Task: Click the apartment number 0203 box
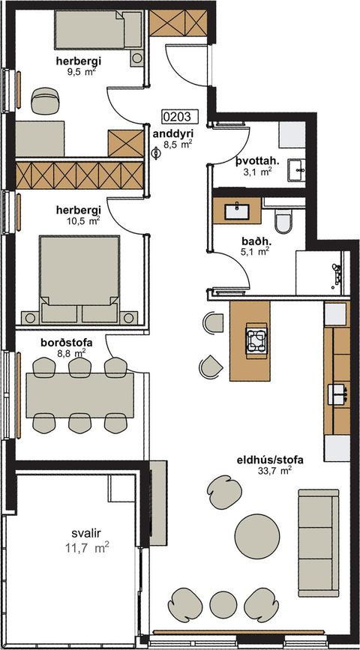[178, 117]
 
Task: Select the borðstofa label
[66, 343]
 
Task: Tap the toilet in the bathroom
[284, 220]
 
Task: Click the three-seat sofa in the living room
[319, 543]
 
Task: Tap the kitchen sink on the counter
[337, 394]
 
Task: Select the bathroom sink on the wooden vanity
[237, 211]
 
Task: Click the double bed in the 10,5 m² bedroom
[79, 279]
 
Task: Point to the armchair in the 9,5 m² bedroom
[45, 100]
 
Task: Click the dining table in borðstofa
[79, 395]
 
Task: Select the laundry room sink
[296, 170]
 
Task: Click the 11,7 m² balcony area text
[87, 548]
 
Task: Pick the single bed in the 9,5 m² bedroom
[98, 30]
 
